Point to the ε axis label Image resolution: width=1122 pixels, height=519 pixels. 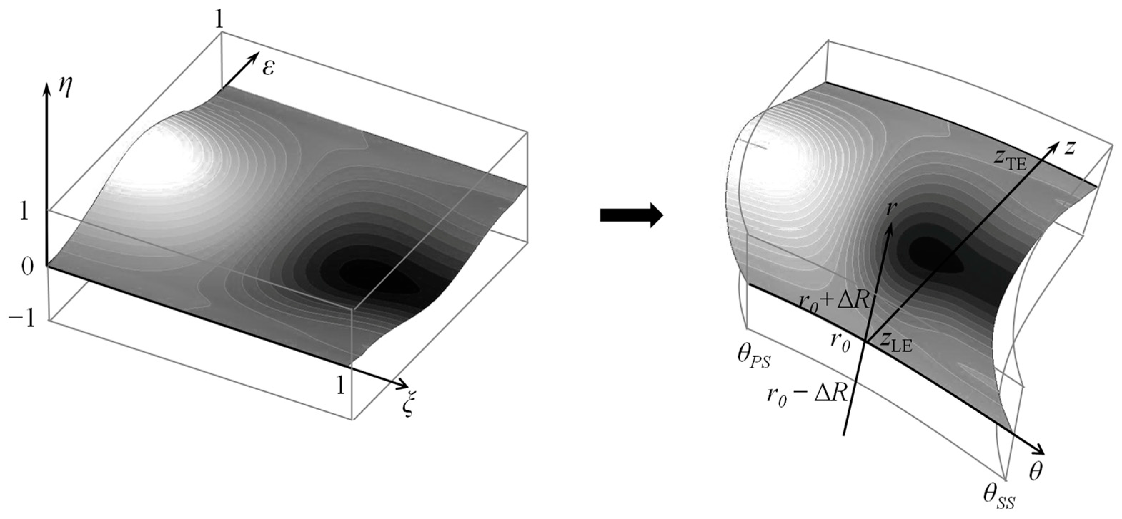268,68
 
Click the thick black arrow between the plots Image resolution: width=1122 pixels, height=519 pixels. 631,215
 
